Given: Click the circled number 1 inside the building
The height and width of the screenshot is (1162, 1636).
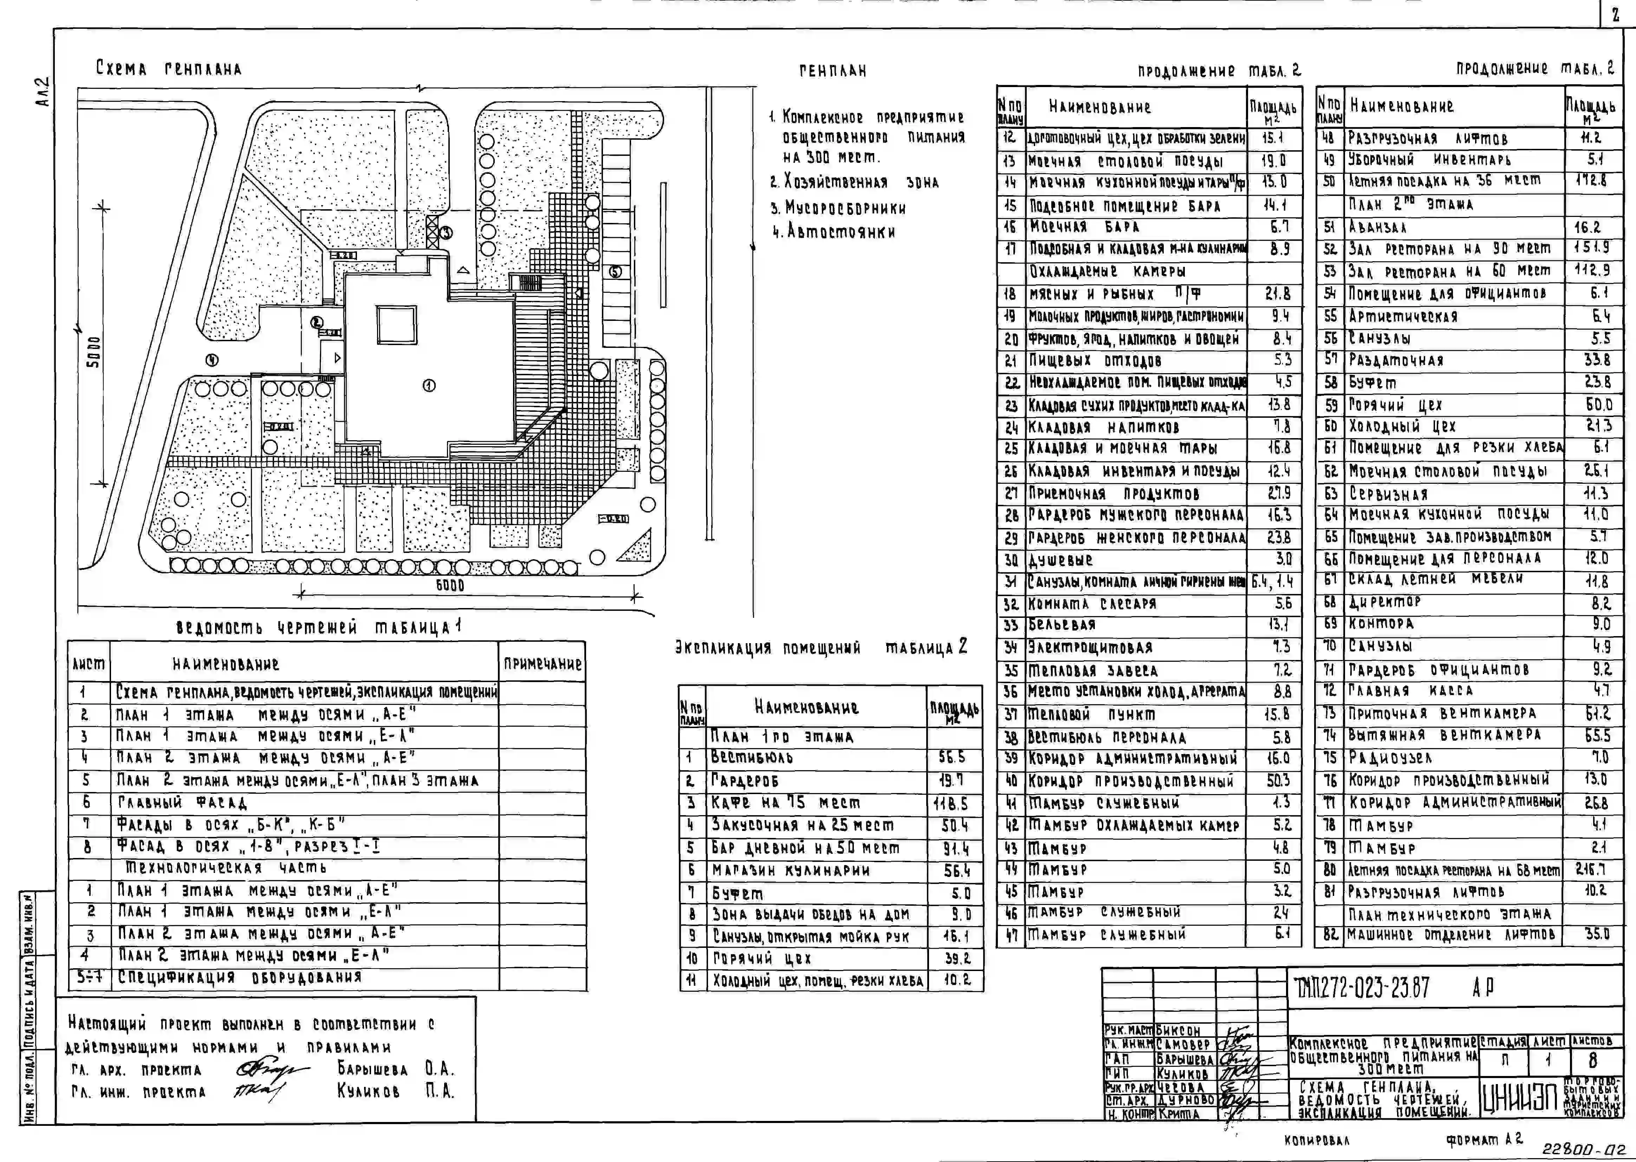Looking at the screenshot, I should pyautogui.click(x=429, y=386).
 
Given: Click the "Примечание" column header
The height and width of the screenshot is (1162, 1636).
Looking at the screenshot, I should pyautogui.click(x=542, y=664).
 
